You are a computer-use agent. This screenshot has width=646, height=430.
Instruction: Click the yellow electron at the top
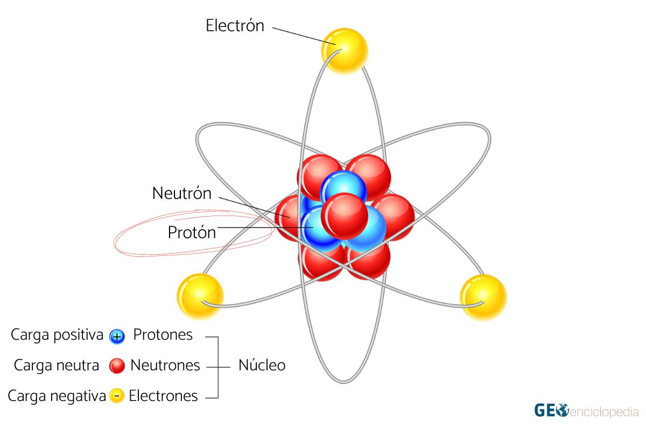point(345,51)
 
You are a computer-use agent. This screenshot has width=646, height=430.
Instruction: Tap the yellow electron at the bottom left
point(200,297)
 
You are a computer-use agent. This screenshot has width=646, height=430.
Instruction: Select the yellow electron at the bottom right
point(483,298)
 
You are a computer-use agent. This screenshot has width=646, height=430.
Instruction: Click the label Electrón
point(235,25)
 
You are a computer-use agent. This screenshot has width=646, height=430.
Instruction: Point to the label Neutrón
point(182,193)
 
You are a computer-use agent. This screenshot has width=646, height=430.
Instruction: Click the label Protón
point(192,232)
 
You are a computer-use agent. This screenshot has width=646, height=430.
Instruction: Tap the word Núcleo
point(262,365)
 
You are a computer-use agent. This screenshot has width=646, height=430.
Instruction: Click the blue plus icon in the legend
point(117,336)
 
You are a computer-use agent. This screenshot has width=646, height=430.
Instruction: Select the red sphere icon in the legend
point(117,366)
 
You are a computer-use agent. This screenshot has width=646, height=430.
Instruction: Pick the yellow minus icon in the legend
point(117,396)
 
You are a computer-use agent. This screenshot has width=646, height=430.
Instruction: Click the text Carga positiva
point(57,335)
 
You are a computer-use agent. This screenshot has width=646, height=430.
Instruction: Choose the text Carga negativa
point(57,396)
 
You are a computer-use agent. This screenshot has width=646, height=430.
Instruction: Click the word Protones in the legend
point(163,335)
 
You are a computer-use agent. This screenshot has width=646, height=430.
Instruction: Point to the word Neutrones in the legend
point(165,365)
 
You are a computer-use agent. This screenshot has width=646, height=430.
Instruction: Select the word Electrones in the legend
point(163,396)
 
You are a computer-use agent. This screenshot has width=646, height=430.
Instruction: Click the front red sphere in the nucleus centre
point(345,216)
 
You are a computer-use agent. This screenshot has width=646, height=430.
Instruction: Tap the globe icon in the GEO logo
point(562,410)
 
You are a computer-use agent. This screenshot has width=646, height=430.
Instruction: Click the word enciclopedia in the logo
point(603,412)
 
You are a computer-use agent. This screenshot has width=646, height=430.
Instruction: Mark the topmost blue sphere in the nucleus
point(343,186)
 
